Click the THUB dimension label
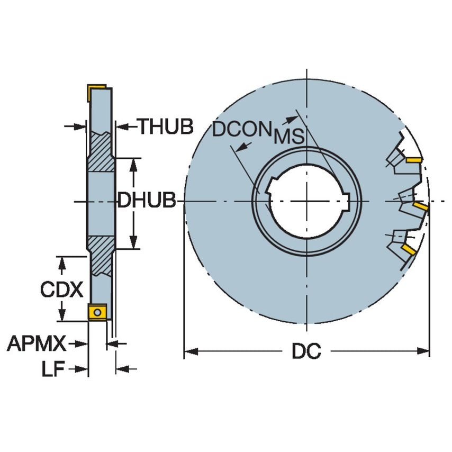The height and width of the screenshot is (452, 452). coord(166,126)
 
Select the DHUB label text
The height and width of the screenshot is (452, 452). coord(147,201)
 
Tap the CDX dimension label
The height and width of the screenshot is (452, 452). coord(62,290)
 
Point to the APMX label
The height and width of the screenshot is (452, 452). coord(37,344)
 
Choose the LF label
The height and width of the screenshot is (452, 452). coord(53,369)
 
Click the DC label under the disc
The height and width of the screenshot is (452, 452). coord(306,351)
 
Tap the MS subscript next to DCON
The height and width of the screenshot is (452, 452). coord(289,137)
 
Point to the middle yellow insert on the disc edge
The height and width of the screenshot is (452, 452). coord(421,206)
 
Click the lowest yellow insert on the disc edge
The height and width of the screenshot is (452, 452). coord(409,248)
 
